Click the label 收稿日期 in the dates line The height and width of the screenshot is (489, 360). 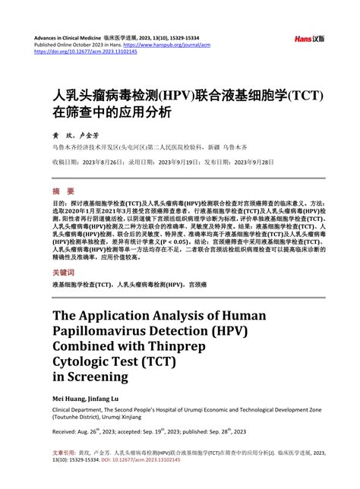[65, 162]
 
